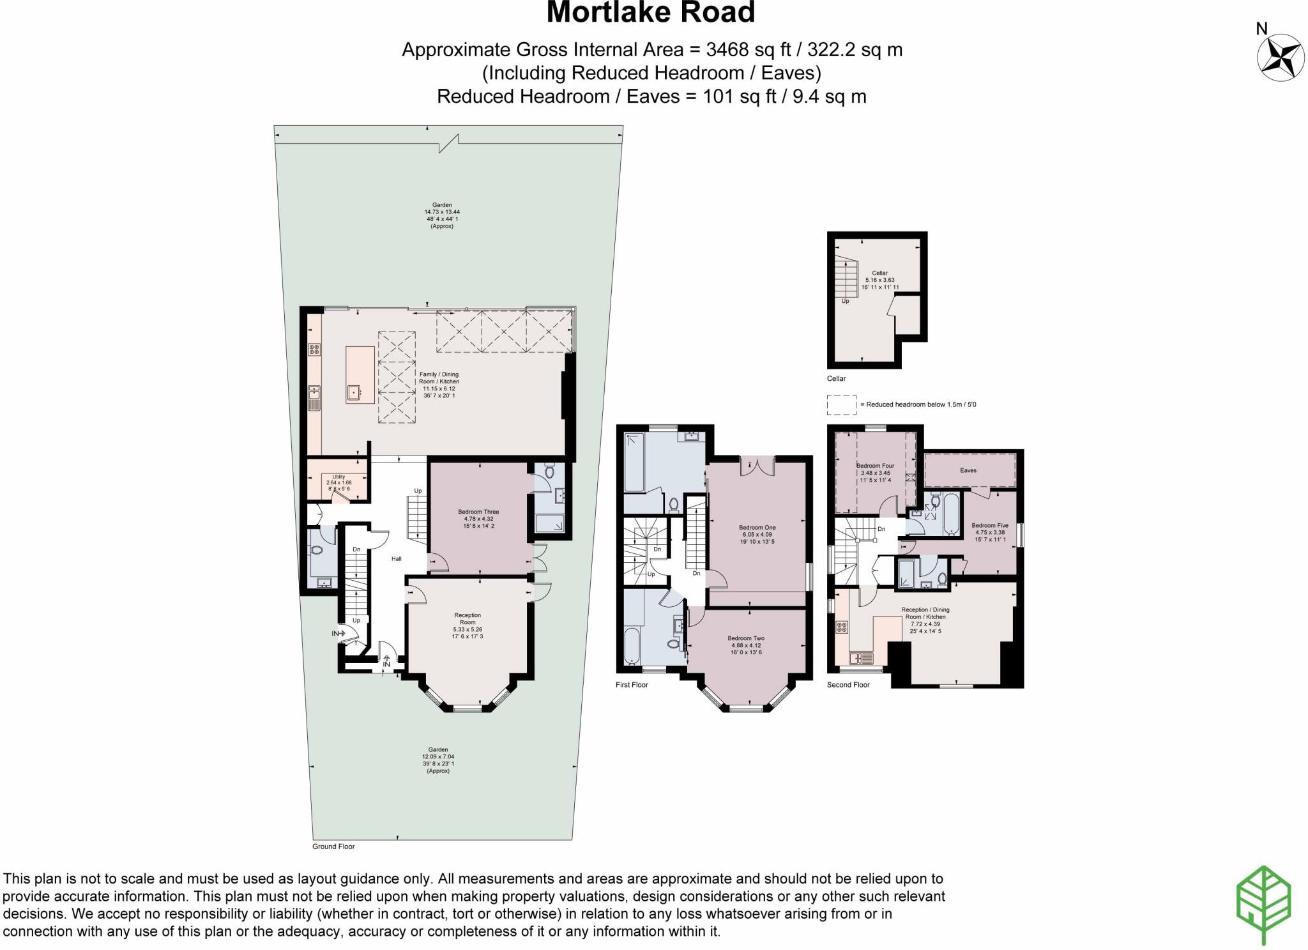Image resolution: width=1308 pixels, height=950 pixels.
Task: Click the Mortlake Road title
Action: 651,13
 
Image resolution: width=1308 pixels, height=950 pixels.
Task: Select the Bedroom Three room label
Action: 478,512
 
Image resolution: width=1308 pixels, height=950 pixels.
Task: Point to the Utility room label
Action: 338,477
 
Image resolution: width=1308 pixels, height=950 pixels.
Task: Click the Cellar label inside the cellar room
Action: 879,273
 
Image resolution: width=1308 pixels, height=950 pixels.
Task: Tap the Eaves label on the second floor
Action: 968,470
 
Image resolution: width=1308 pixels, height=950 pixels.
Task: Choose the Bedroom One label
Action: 757,527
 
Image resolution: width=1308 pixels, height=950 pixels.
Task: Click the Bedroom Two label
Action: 745,638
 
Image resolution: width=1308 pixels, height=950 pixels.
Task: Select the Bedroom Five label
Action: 989,525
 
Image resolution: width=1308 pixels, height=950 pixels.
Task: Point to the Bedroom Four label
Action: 875,466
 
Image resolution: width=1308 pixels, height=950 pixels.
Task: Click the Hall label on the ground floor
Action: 396,559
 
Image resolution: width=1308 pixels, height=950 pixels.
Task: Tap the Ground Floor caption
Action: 333,847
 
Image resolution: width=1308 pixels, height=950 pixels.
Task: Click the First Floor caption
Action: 632,685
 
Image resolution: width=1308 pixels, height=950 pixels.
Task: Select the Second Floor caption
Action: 848,685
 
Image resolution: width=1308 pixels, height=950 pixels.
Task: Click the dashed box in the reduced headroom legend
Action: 841,405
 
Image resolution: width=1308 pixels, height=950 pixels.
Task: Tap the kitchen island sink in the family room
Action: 353,392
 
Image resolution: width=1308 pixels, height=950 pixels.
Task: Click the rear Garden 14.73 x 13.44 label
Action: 442,211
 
